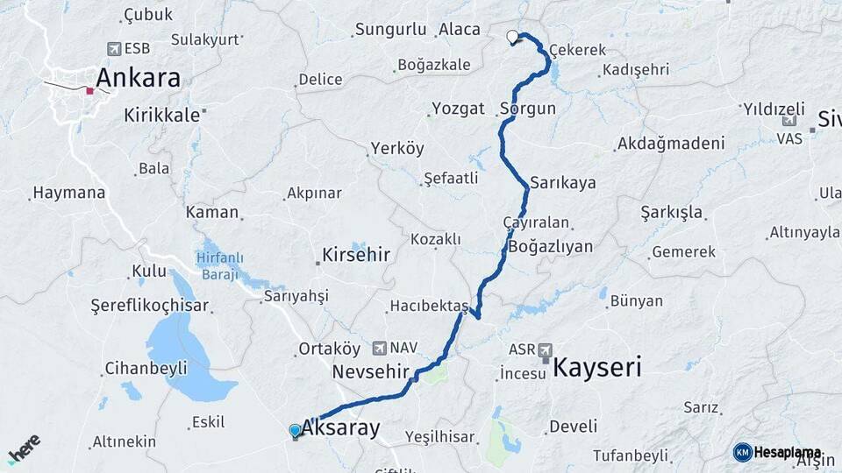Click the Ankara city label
point(138,78)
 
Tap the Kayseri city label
point(596,366)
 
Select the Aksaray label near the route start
point(341,428)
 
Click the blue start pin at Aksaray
point(295,431)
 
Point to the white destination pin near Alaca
point(512,37)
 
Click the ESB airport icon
point(113,49)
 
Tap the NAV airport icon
point(379,348)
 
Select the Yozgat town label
point(458,109)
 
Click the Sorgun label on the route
point(528,109)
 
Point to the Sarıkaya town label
point(562,183)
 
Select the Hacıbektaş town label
point(429,305)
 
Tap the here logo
point(25,448)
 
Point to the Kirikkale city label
point(163,115)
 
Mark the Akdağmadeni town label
point(671,143)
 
